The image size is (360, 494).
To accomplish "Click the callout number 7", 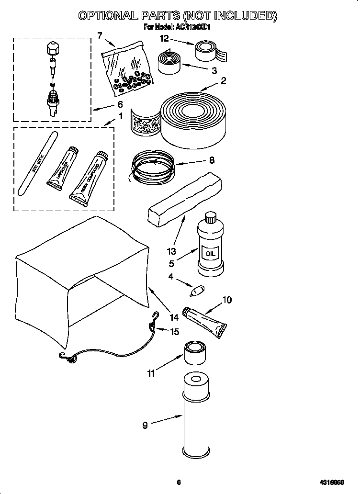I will (100, 35).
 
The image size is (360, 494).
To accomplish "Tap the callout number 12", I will (164, 38).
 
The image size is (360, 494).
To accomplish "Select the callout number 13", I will (171, 251).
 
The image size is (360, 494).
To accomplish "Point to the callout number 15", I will (175, 331).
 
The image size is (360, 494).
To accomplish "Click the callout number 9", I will (146, 425).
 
